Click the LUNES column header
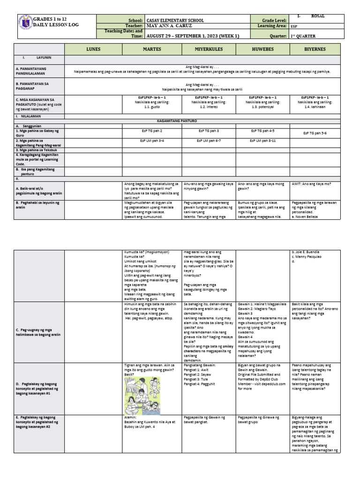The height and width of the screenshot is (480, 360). (93, 49)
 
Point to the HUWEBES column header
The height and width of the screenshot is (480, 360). (262, 49)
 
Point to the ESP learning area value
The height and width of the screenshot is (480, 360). (294, 27)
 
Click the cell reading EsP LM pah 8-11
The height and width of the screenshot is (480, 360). (262, 141)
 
